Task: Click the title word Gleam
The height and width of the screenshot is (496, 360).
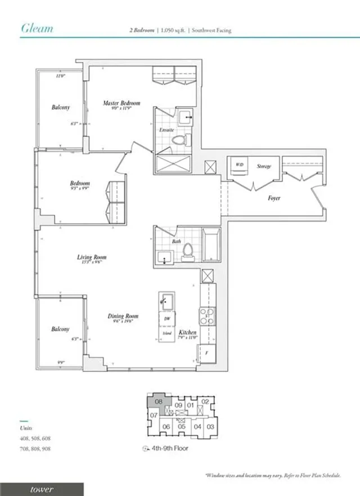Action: [x=37, y=28]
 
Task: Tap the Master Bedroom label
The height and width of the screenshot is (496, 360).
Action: [x=121, y=103]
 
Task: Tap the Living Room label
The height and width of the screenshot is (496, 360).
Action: [x=92, y=258]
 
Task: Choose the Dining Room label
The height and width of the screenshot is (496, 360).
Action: [x=123, y=317]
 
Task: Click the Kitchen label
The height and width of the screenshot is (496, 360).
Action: [x=187, y=333]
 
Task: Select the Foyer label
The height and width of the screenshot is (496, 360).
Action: [x=274, y=198]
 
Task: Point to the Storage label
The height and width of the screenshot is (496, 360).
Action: [x=264, y=166]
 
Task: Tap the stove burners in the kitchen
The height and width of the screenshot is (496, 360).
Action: [x=206, y=315]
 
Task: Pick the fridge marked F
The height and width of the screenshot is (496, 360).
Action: [x=206, y=353]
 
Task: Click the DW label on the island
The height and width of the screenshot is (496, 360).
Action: [x=166, y=318]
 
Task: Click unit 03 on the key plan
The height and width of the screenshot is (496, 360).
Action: [x=210, y=427]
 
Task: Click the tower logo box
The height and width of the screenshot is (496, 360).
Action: [x=42, y=489]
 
